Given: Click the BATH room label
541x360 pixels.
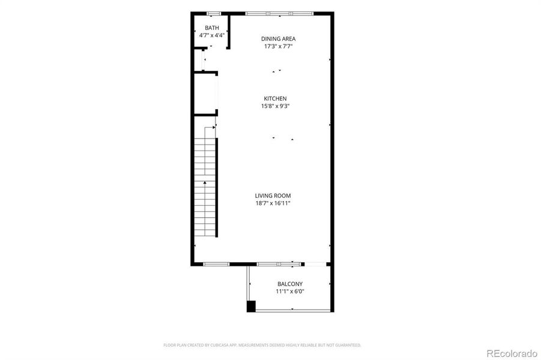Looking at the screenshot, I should [x=212, y=28].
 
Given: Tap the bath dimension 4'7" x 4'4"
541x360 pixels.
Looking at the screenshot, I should [x=212, y=35].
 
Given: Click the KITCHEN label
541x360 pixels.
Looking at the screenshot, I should [x=276, y=99].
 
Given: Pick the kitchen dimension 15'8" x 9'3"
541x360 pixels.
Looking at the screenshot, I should [x=276, y=107].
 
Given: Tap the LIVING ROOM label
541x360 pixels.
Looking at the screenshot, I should [x=273, y=196].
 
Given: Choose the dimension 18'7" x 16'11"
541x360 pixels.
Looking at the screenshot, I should [x=273, y=203].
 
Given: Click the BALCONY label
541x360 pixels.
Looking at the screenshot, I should [x=290, y=284].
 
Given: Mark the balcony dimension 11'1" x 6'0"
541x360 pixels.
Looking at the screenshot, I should [x=290, y=292].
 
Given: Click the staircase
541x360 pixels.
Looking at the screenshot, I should [x=205, y=186].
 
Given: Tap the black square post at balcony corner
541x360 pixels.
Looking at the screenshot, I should [x=251, y=307].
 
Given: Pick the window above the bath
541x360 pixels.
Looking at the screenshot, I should [x=213, y=13].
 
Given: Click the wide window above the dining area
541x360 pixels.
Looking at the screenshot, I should [x=279, y=13].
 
